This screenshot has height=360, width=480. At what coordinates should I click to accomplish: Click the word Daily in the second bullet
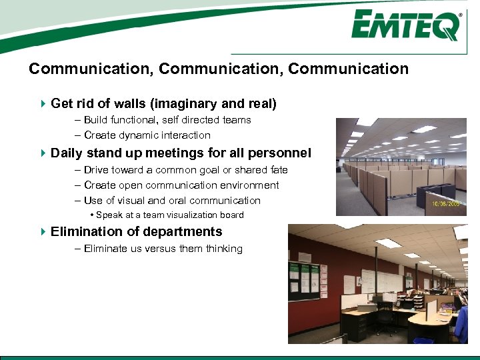pos(67,153)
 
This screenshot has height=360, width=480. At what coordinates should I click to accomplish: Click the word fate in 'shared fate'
pos(277,170)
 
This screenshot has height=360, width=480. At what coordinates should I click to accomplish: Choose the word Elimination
pos(85,231)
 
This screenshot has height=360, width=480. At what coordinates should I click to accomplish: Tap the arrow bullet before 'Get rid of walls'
pos(43,103)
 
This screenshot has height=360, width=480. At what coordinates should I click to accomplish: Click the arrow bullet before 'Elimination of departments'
pos(43,231)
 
